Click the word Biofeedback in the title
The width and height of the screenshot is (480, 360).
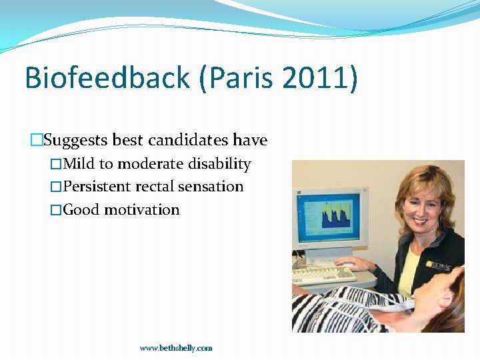pyautogui.click(x=107, y=78)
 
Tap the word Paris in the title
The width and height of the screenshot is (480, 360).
pyautogui.click(x=238, y=78)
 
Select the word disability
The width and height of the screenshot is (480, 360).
pyautogui.click(x=219, y=164)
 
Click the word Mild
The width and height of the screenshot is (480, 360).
pyautogui.click(x=79, y=164)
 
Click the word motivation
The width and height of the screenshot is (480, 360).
pyautogui.click(x=141, y=210)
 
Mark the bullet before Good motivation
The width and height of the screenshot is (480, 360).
pyautogui.click(x=56, y=210)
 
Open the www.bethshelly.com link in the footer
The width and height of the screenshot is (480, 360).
pyautogui.click(x=176, y=348)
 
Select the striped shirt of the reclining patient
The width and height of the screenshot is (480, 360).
pyautogui.click(x=347, y=310)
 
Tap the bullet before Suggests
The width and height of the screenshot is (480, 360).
pyautogui.click(x=37, y=141)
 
